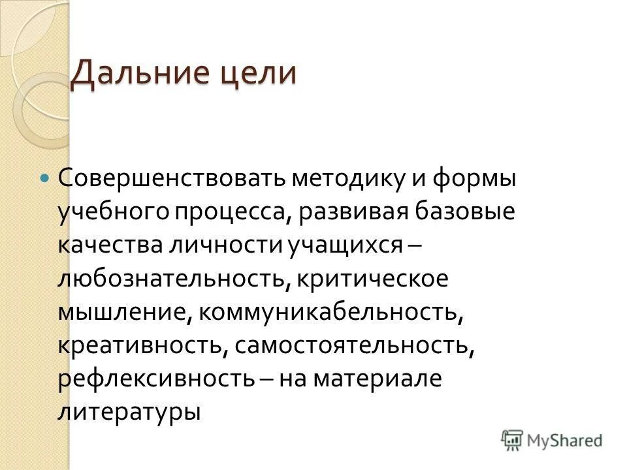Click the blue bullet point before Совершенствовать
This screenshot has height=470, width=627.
coord(44,178)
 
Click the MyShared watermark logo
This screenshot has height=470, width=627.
coord(553,439)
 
